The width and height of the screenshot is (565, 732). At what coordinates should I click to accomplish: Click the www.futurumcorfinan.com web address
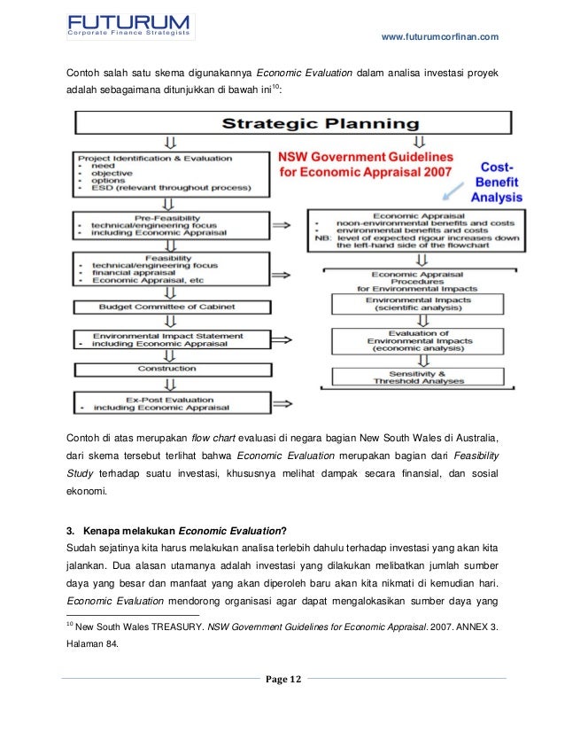[x=439, y=36]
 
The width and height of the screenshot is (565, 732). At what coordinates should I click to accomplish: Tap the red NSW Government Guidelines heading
[x=365, y=162]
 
